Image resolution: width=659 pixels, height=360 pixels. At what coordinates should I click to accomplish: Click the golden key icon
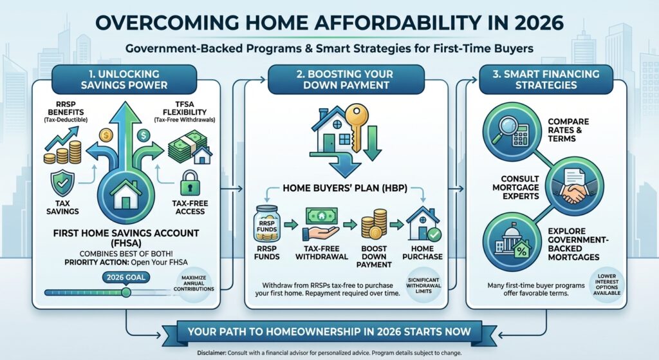356,127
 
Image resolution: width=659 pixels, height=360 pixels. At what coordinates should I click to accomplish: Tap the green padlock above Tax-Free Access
190,184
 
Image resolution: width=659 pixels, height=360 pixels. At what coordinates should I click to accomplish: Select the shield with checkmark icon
62,184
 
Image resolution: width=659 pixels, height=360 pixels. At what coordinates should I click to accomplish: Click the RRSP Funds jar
266,223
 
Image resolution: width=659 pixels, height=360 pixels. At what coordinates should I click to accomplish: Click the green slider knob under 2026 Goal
125,292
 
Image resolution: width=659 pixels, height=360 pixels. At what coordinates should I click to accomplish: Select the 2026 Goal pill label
125,278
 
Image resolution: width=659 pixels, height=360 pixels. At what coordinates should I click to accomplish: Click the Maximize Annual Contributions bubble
193,283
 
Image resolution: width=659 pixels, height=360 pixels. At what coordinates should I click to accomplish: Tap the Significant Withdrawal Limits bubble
423,285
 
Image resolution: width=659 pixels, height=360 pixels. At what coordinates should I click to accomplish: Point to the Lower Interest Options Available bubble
606,285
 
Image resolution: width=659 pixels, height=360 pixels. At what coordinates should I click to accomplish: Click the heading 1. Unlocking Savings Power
124,79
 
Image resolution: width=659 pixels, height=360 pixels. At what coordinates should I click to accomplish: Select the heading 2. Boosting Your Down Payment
346,79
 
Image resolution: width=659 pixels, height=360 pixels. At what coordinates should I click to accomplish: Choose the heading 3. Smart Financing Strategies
546,79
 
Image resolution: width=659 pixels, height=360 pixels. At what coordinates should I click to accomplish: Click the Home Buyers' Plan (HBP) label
345,188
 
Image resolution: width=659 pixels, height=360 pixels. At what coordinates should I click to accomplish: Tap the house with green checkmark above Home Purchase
423,223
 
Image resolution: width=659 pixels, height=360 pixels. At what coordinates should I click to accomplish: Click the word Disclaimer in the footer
211,353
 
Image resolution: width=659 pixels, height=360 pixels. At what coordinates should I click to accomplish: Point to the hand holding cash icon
321,223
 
